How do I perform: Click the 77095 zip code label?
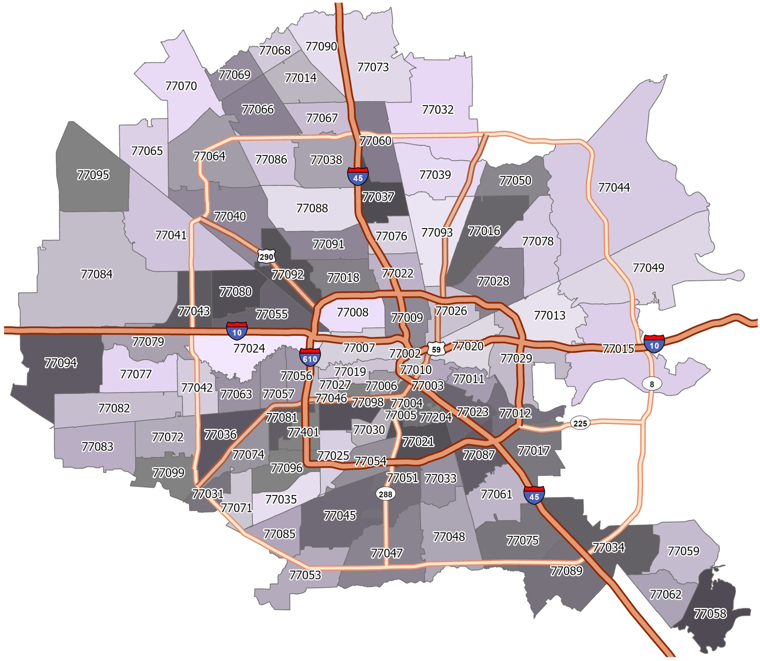click(x=93, y=175)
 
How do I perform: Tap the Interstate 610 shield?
click(x=310, y=357)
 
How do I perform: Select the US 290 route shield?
click(x=266, y=256)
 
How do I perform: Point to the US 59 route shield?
click(x=436, y=349)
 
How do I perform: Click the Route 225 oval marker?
click(x=580, y=423)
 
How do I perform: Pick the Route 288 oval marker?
click(x=385, y=494)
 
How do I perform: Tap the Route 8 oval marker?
click(x=652, y=384)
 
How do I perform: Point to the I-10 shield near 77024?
click(x=237, y=330)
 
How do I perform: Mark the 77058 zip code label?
click(x=710, y=613)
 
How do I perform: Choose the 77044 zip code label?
click(x=614, y=187)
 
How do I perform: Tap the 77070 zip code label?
click(x=181, y=86)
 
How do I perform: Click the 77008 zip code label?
click(x=352, y=312)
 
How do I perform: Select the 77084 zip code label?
click(x=96, y=274)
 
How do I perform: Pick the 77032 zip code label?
click(x=437, y=110)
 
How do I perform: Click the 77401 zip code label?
click(x=303, y=432)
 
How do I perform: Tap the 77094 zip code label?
click(x=61, y=363)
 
